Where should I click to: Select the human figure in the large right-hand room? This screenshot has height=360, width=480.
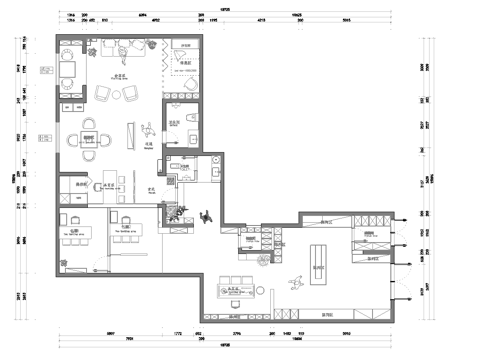[x=296, y=283]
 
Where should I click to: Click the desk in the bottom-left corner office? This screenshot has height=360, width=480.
[x=74, y=236]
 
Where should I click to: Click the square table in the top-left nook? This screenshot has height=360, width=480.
[x=69, y=69]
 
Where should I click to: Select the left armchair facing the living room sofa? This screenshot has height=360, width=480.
[x=103, y=93]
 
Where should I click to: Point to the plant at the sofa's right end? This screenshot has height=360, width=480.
[x=151, y=46]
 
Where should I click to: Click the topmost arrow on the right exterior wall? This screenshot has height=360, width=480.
[x=401, y=219]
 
